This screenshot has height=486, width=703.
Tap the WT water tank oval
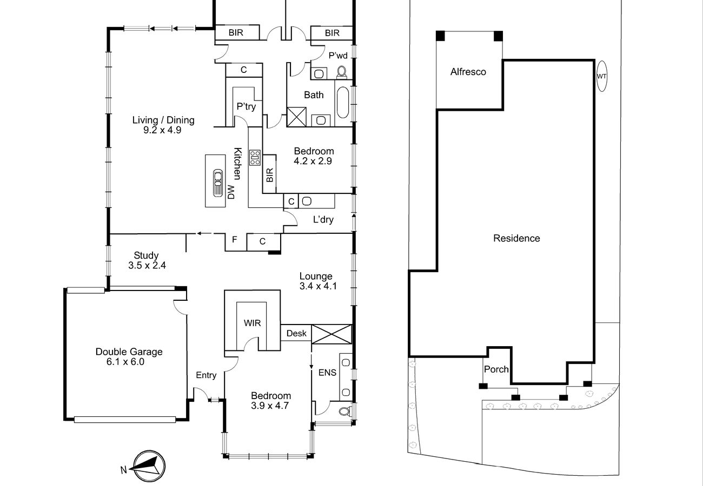point(601,76)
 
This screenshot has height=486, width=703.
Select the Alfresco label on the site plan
point(468,72)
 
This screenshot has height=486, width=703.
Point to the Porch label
point(496,369)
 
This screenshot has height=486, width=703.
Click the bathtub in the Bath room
point(343,103)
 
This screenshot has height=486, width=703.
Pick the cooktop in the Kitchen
point(255,158)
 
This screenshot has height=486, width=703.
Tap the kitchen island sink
point(218,183)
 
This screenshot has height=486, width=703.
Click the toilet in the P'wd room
point(342,72)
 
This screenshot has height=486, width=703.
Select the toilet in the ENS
point(345,411)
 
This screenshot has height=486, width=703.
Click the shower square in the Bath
point(296,117)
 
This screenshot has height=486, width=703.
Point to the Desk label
point(296,333)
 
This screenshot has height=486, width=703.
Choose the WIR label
point(252,323)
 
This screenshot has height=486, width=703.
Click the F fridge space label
point(234,240)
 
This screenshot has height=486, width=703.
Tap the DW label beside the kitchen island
point(231,192)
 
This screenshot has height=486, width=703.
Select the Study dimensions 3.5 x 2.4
point(147,265)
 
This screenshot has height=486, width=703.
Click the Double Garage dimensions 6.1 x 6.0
point(125,362)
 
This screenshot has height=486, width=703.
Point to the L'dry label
point(323,219)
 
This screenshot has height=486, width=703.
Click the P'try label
point(246,106)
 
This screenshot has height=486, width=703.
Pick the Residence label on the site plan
point(516,238)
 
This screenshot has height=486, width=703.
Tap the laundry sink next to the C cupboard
point(307,201)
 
